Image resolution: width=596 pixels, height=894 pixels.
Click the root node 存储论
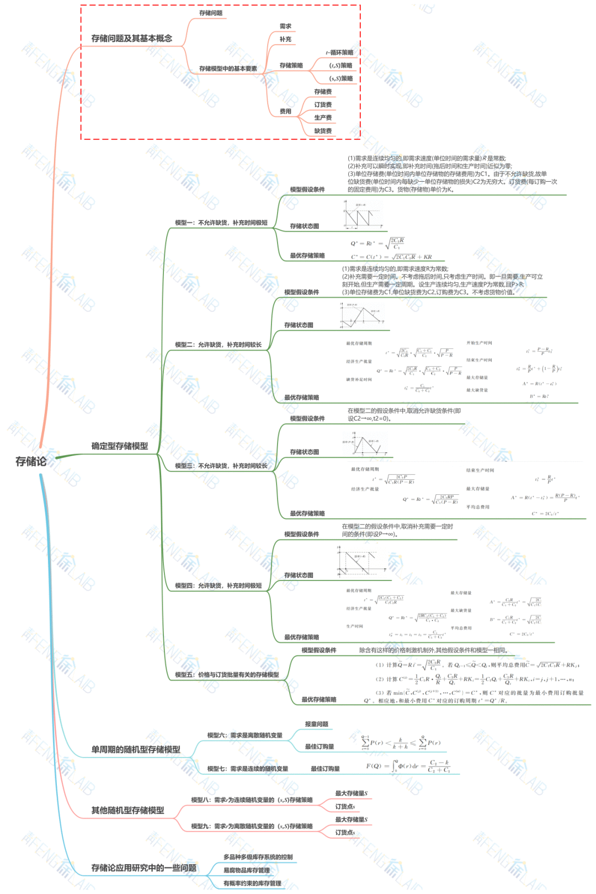pos(31,462)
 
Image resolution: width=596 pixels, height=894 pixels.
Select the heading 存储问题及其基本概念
pos(131,39)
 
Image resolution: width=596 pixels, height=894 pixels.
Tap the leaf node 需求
pos(285,27)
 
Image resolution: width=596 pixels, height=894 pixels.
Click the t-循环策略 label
pos(339,53)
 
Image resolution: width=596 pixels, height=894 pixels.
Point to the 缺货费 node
pos(323,131)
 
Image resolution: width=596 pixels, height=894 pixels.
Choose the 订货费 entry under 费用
pos(323,105)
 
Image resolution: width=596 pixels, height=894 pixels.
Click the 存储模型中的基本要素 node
pos(228,69)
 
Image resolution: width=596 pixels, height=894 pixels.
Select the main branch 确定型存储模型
pos(119,446)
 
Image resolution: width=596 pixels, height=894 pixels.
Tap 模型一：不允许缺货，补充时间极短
pos(221,223)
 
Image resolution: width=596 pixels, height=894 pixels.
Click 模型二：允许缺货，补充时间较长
pos(218,345)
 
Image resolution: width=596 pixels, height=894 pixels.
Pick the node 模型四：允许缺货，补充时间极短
pos(218,586)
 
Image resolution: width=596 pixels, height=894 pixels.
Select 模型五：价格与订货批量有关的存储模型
pos(227,675)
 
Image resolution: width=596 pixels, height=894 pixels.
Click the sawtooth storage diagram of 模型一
pos(363,215)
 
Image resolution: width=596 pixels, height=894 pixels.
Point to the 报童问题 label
pos(316,724)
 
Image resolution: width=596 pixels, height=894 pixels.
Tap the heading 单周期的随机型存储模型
pos(136,750)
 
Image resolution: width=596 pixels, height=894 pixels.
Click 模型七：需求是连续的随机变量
pos(247,769)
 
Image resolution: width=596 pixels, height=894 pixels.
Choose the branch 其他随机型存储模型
pos(127,811)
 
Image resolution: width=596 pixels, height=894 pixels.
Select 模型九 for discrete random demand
pos(252,827)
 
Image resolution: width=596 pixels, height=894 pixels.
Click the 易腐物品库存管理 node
pos(246,871)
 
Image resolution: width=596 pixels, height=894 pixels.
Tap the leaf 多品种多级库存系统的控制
pos(258,858)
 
